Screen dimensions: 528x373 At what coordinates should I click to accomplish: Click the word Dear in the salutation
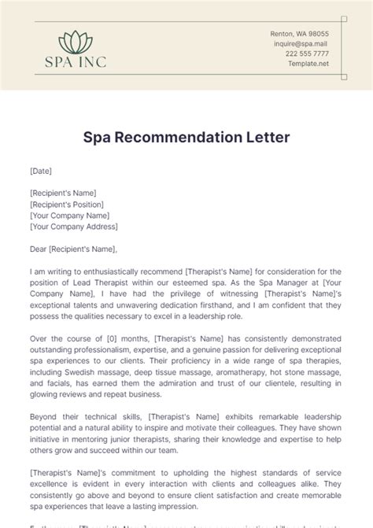point(38,249)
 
